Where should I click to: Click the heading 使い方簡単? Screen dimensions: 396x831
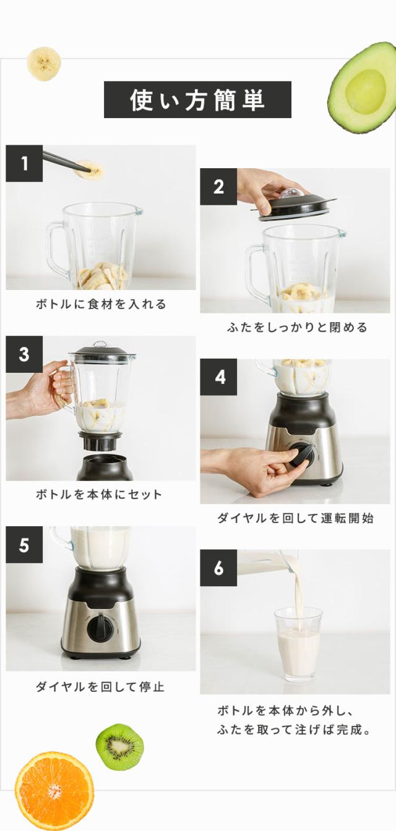click(x=197, y=100)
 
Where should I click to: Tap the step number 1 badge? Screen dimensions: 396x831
click(x=24, y=163)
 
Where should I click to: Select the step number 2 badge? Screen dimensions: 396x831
click(x=218, y=187)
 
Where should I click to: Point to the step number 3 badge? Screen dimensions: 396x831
click(x=24, y=354)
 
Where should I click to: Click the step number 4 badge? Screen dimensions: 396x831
click(x=218, y=377)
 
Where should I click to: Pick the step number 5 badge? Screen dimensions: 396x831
click(x=24, y=545)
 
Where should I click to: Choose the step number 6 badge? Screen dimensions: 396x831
click(x=218, y=568)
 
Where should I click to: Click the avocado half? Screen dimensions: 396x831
click(x=363, y=88)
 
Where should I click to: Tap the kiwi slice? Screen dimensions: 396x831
click(x=120, y=747)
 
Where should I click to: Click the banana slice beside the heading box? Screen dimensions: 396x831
click(x=44, y=64)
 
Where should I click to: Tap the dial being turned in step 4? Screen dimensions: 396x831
click(x=301, y=456)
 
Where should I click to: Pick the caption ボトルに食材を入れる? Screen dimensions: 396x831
click(x=101, y=305)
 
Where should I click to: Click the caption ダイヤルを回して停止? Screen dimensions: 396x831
click(x=100, y=687)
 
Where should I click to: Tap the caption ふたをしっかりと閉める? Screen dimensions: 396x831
click(x=297, y=328)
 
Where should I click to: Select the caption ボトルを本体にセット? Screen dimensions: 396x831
click(x=99, y=495)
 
